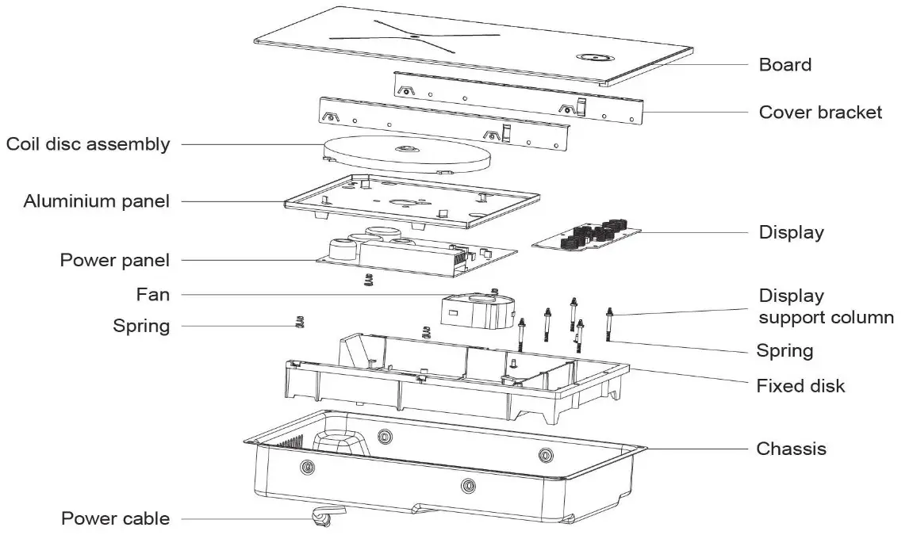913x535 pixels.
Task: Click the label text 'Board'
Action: pos(784,64)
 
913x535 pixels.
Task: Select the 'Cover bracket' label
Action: pos(819,112)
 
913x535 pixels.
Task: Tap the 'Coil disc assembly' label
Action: pos(87,144)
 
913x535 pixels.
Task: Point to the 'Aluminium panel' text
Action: pos(96,201)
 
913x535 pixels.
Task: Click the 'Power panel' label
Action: pos(114,260)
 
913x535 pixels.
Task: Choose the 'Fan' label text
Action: pos(152,294)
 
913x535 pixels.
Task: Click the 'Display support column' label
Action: pos(826,307)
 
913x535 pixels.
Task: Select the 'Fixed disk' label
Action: pos(800,386)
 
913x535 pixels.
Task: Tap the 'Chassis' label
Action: pos(791,449)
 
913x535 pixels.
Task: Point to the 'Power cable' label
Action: pos(115,518)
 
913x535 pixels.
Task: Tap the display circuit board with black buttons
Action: pos(588,235)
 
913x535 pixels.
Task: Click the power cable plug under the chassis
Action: pos(321,518)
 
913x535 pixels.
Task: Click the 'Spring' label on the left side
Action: pos(141,326)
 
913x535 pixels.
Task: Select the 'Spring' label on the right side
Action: pos(784,350)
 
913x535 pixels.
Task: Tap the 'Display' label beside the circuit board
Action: pos(791,232)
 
